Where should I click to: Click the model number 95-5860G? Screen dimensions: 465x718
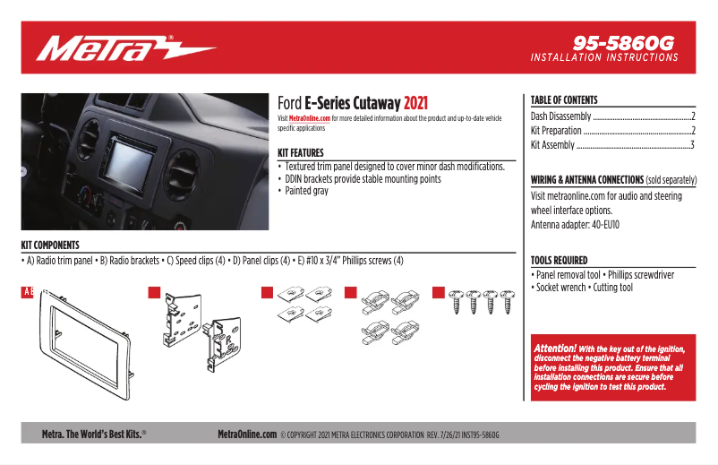[x=623, y=42]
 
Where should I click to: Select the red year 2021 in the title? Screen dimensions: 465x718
[x=421, y=103]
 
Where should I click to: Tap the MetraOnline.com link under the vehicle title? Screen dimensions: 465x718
[x=310, y=118]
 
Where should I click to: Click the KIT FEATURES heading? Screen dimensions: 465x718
[x=300, y=153]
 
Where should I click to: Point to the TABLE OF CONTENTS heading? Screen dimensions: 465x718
[x=563, y=100]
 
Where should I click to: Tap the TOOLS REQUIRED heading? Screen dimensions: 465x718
[x=559, y=261]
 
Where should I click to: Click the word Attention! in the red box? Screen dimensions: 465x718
[x=555, y=348]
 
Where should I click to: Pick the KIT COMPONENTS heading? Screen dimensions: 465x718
[x=50, y=245]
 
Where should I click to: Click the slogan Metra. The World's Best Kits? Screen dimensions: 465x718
[x=94, y=434]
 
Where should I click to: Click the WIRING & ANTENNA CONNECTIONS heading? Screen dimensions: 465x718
[x=587, y=180]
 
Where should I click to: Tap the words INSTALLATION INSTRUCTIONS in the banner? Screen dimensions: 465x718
[x=604, y=57]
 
